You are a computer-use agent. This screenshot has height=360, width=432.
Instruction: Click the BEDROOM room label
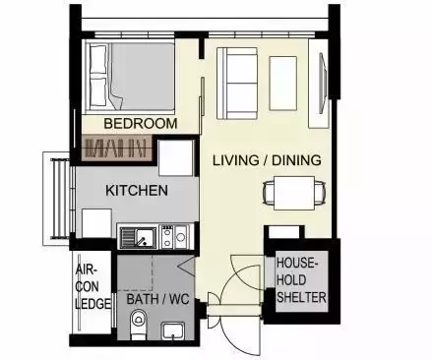(141, 124)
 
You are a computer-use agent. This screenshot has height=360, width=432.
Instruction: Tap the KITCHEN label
(137, 191)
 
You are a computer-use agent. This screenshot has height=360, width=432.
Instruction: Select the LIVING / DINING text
(267, 160)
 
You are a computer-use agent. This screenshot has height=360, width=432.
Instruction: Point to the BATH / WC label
(158, 299)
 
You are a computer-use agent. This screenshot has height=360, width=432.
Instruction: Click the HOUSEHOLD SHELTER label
(301, 280)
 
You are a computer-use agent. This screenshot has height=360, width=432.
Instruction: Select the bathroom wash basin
(173, 331)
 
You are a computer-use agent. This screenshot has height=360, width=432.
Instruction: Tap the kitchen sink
(138, 238)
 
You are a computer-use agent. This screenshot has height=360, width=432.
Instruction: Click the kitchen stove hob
(166, 237)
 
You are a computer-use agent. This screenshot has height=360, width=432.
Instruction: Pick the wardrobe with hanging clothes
(117, 148)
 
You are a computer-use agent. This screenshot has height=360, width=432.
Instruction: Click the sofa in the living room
(237, 84)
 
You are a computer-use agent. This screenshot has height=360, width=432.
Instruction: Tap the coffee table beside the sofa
(283, 84)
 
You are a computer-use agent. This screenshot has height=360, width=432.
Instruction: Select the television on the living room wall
(323, 84)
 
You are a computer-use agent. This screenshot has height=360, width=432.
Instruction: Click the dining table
(294, 193)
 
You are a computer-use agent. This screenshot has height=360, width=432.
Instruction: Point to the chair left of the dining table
(269, 194)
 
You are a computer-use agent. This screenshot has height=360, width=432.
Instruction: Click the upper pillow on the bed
(98, 59)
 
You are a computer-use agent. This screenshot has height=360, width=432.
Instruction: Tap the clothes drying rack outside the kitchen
(60, 199)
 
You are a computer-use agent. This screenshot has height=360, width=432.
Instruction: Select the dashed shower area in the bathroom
(135, 272)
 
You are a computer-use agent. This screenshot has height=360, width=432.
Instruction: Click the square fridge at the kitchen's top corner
(176, 158)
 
